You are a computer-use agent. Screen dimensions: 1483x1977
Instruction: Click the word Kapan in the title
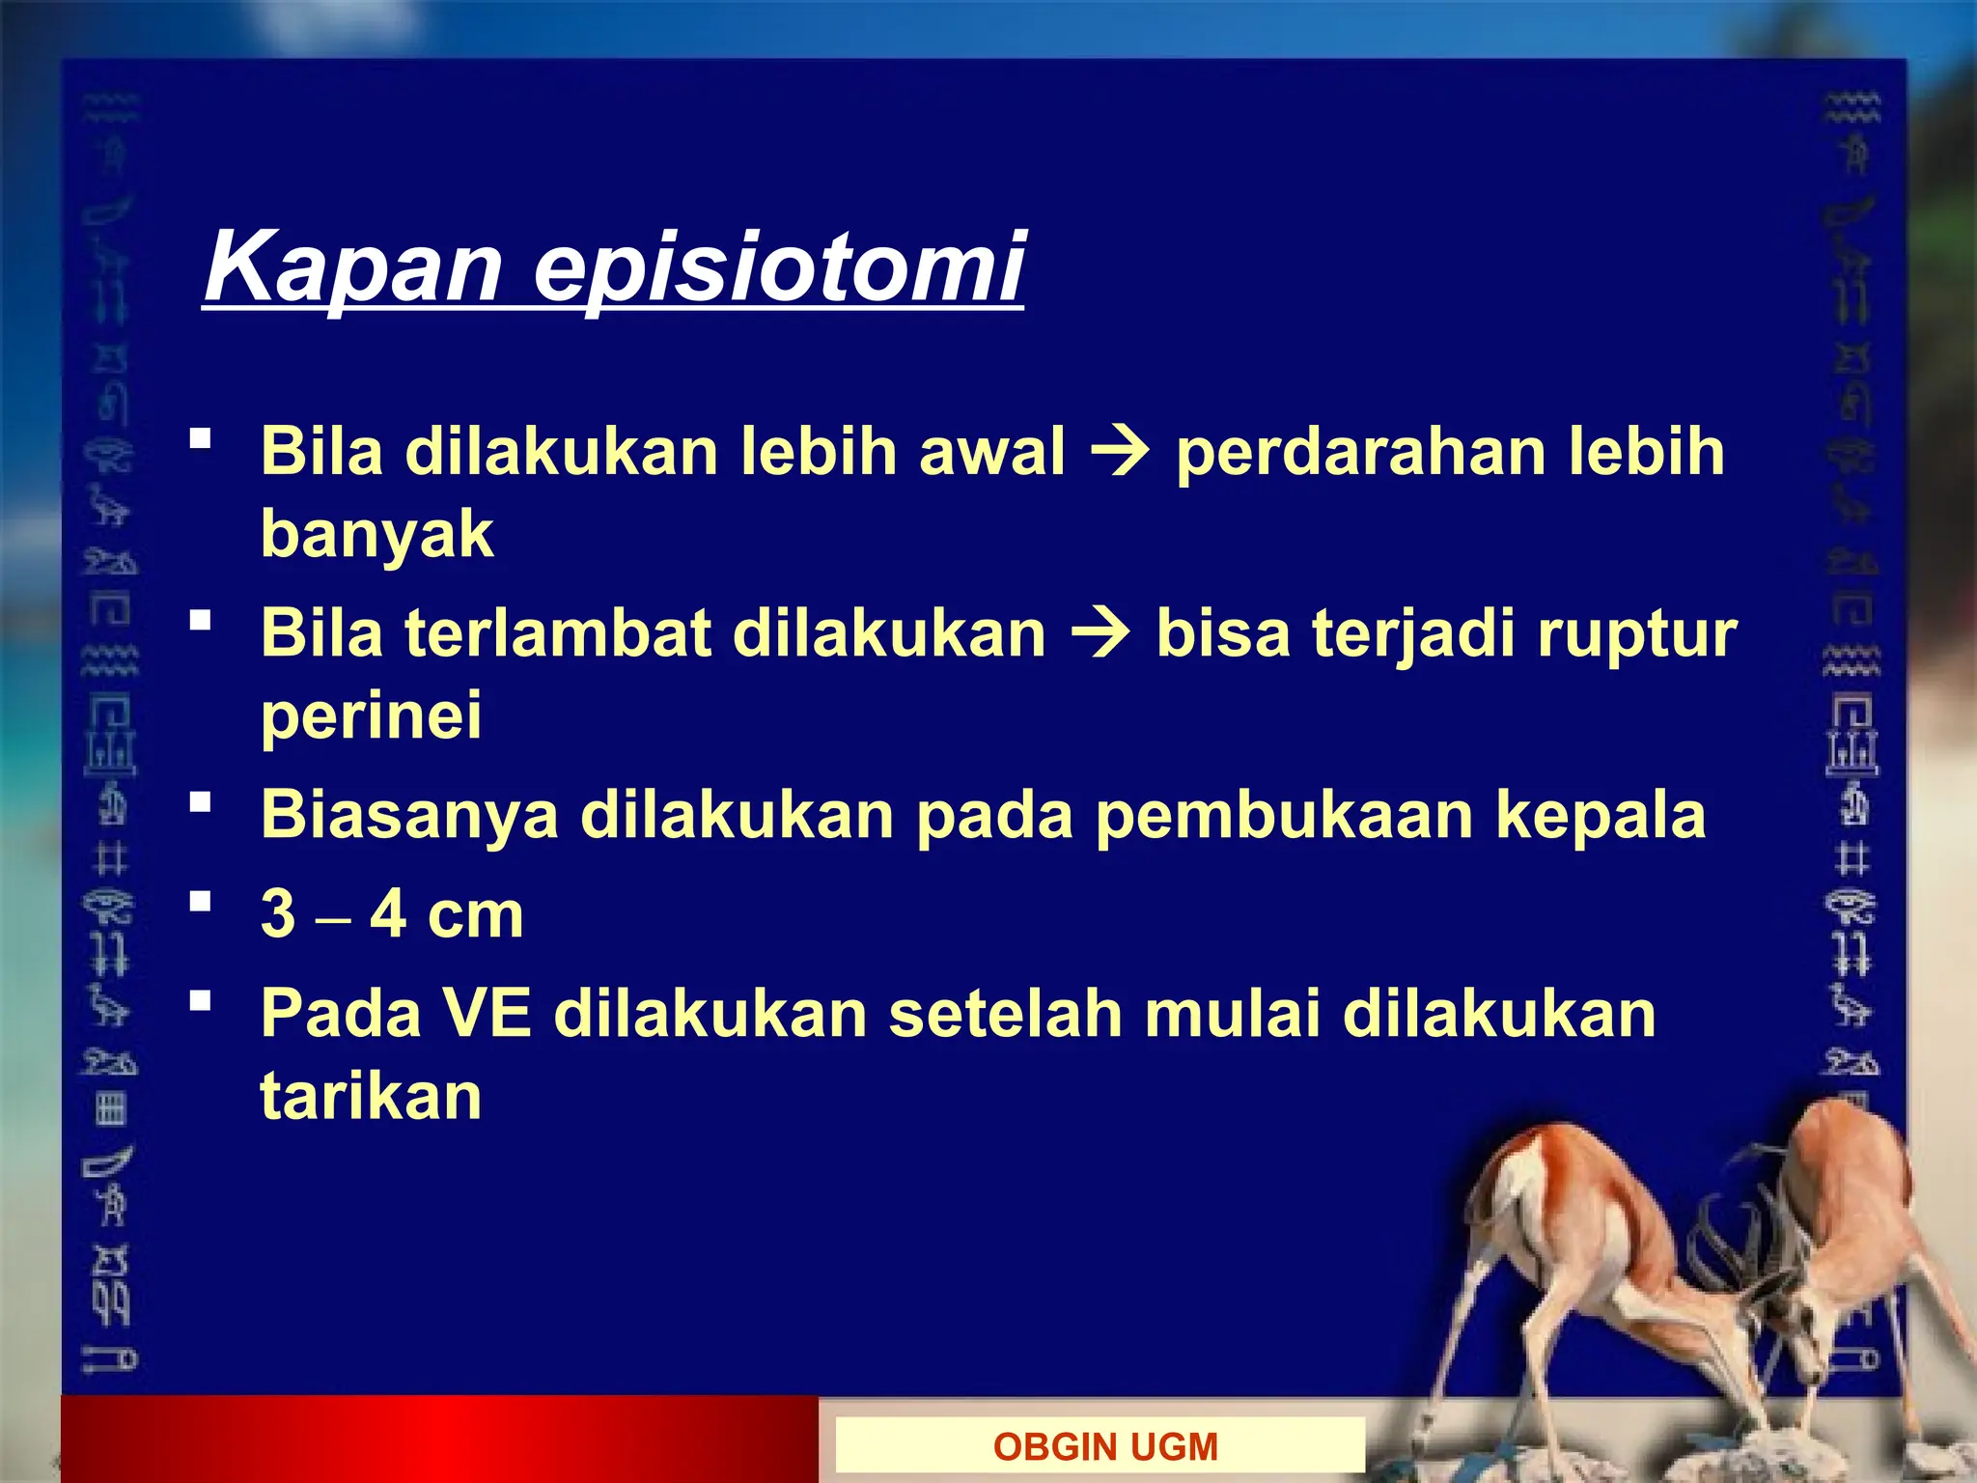(x=352, y=267)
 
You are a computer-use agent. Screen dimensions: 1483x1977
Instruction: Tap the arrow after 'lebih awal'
(x=1120, y=452)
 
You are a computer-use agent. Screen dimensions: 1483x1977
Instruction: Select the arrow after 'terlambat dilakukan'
(x=1101, y=634)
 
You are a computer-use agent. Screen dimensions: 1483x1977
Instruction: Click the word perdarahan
(x=1360, y=452)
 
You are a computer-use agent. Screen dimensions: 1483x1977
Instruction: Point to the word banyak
(x=376, y=534)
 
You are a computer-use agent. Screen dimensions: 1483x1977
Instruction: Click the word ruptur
(x=1637, y=634)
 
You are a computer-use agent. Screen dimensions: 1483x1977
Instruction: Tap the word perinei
(x=371, y=716)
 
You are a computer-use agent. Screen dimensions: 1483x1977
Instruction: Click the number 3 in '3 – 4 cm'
(x=278, y=913)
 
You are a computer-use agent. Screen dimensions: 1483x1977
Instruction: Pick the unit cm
(x=475, y=915)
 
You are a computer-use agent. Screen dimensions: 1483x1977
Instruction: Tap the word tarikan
(x=371, y=1097)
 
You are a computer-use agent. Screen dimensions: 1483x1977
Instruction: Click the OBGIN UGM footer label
(x=1104, y=1446)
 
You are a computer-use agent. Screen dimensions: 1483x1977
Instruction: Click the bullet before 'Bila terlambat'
(x=200, y=621)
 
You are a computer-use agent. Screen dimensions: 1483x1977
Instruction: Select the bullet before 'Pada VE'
(x=200, y=1000)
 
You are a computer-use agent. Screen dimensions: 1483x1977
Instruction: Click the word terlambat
(x=557, y=634)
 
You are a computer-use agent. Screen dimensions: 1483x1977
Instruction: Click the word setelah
(x=1005, y=1014)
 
